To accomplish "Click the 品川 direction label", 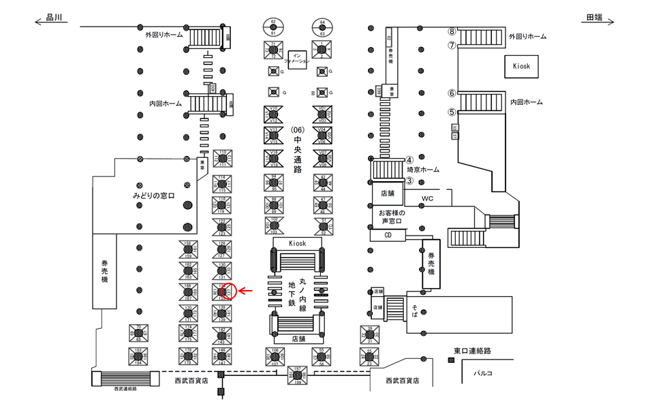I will (x=54, y=18).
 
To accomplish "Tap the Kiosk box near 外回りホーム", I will (x=526, y=66).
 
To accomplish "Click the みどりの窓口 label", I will (x=154, y=196).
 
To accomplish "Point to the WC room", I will (x=426, y=199).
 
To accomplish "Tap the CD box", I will (x=388, y=235).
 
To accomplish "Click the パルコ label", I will (x=483, y=373).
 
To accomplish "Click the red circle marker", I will (x=229, y=291).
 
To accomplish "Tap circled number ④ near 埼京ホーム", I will (x=410, y=160).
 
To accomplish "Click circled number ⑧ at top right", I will (x=451, y=31).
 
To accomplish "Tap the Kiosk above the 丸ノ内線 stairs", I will (x=298, y=243).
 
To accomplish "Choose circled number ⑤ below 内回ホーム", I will (x=451, y=112).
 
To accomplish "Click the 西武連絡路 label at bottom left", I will (x=125, y=388).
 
